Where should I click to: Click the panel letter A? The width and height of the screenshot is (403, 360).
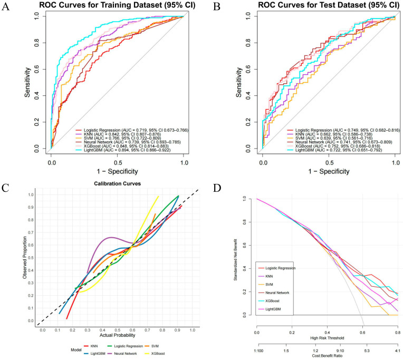[5, 6]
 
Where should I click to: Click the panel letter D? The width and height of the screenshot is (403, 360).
[217, 188]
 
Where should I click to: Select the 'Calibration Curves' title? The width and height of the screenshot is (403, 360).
[117, 183]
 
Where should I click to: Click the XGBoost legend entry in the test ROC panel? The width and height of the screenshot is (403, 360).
[334, 146]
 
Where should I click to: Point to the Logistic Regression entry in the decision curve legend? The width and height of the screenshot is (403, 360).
[276, 268]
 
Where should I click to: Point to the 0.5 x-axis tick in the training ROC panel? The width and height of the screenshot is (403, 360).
[118, 163]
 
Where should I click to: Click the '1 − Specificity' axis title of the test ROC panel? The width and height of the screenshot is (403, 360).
[329, 171]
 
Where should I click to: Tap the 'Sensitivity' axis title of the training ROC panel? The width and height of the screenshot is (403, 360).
[27, 82]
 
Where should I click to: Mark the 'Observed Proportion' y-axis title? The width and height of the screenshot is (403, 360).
[25, 258]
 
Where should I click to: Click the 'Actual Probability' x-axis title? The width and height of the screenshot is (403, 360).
[118, 335]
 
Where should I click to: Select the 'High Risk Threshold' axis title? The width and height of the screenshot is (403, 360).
[327, 338]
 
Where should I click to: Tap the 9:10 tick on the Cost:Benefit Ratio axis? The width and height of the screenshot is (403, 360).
[340, 351]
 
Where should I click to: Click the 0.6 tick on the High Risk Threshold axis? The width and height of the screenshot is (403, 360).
[362, 333]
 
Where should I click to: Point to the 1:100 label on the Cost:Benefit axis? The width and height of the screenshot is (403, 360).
[259, 351]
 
